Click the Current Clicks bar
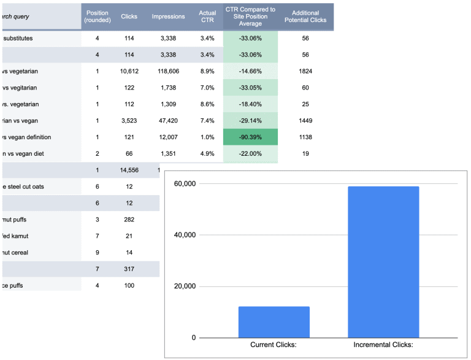click(274, 322)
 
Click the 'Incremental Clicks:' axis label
click(383, 345)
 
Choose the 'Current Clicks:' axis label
click(274, 345)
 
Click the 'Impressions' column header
click(168, 17)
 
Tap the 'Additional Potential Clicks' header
click(305, 17)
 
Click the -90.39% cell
click(250, 137)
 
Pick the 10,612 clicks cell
click(129, 71)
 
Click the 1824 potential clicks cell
click(305, 71)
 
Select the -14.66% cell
click(250, 71)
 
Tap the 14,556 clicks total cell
click(129, 170)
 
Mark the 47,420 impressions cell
click(168, 120)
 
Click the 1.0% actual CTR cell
click(207, 137)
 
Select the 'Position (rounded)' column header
click(97, 17)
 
